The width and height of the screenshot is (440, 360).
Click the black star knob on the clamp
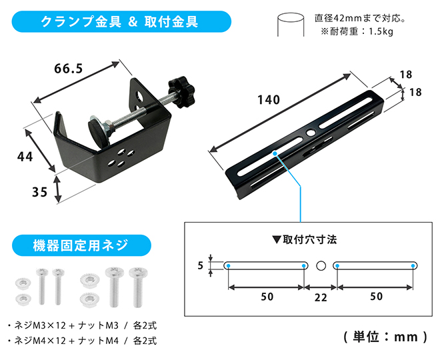181,92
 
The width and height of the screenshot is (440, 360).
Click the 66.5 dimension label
69,69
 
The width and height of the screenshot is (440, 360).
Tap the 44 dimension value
25,157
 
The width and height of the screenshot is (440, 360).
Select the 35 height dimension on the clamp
39,192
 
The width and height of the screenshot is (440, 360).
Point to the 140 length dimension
269,100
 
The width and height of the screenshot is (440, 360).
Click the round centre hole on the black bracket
311,133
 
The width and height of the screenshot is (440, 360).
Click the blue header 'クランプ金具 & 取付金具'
121,21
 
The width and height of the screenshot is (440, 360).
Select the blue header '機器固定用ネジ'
81,245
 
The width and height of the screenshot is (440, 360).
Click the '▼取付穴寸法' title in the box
304,240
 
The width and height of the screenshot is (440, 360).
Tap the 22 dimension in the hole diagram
321,298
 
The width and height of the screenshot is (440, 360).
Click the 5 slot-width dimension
200,265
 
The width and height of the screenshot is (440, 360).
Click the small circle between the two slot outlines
321,265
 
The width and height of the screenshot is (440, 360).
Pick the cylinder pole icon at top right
291,25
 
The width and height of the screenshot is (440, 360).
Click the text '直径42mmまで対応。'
360,19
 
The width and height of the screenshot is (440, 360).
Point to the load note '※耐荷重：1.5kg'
357,31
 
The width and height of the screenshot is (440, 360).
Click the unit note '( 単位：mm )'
385,337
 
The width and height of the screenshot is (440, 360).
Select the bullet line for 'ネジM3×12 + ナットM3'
82,325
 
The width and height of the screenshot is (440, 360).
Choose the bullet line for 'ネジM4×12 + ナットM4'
82,341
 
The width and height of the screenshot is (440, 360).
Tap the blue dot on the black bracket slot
275,153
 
